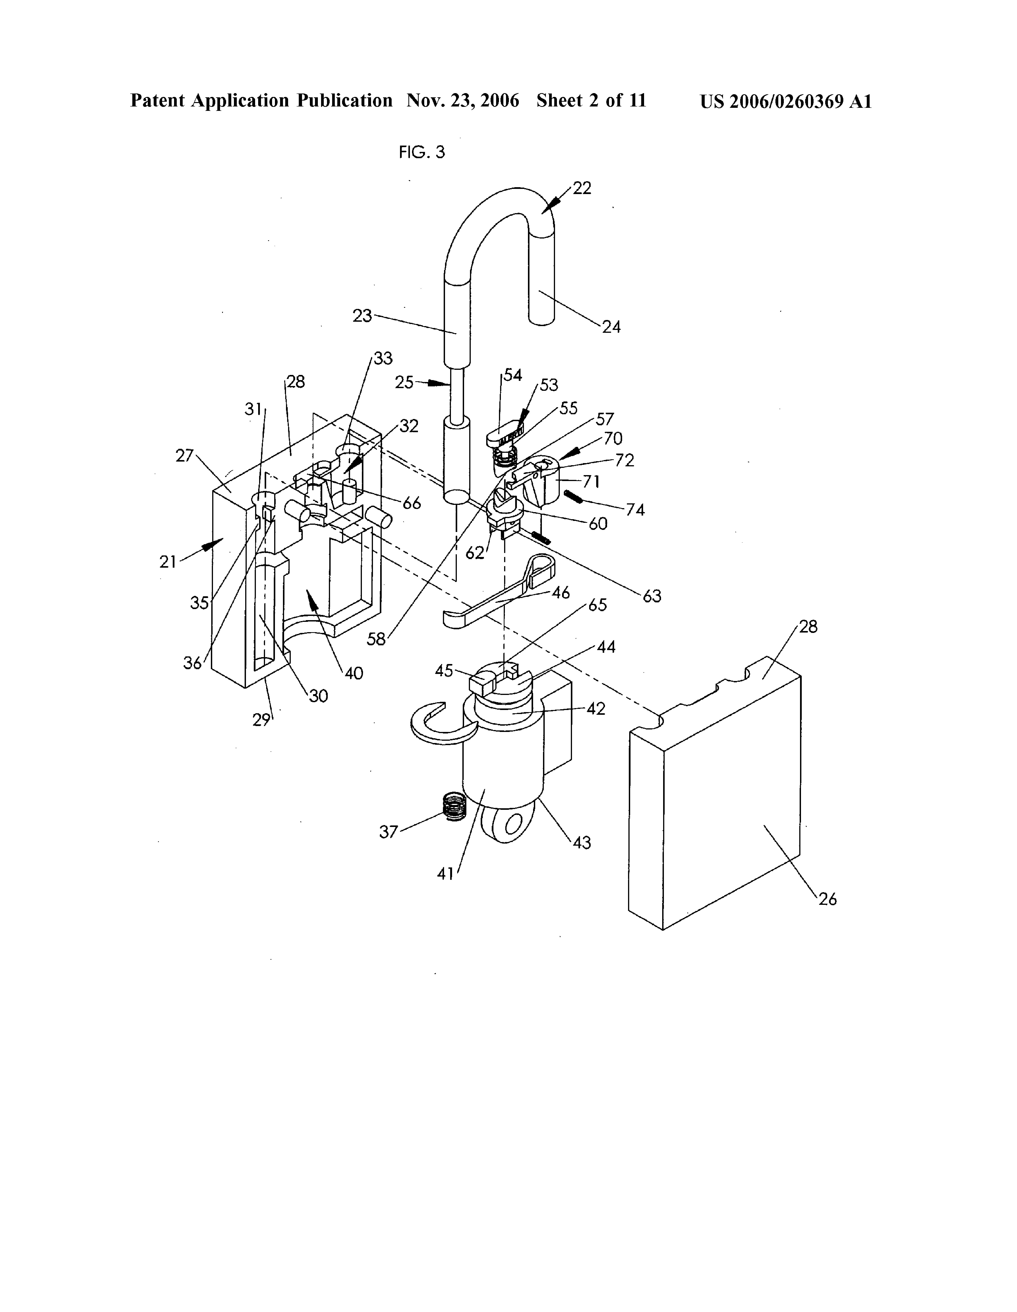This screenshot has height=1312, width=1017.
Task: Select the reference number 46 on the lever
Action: tap(561, 593)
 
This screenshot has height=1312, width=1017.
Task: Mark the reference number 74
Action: tap(635, 510)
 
